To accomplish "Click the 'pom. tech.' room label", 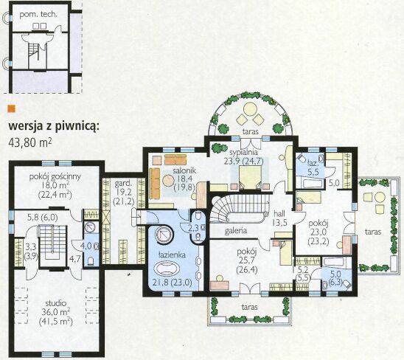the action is (38, 15).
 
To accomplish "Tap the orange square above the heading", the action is (12, 108).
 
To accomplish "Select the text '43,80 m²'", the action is (30, 142).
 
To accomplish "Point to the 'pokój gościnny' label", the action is (55, 177).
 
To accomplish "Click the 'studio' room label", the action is (56, 303).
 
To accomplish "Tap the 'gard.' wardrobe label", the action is (123, 184).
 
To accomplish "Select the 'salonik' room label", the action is (184, 170).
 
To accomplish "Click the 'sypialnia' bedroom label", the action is (243, 152).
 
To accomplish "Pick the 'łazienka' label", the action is (172, 255).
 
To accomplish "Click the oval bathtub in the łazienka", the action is (167, 269).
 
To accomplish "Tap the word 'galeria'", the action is (236, 231).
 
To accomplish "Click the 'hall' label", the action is (279, 213).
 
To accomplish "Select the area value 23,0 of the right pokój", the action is (318, 232).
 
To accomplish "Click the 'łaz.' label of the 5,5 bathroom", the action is (313, 163).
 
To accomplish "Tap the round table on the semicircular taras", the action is (249, 108).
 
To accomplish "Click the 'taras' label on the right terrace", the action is (373, 232).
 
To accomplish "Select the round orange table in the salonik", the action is (169, 181).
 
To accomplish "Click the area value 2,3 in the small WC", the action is (193, 228).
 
